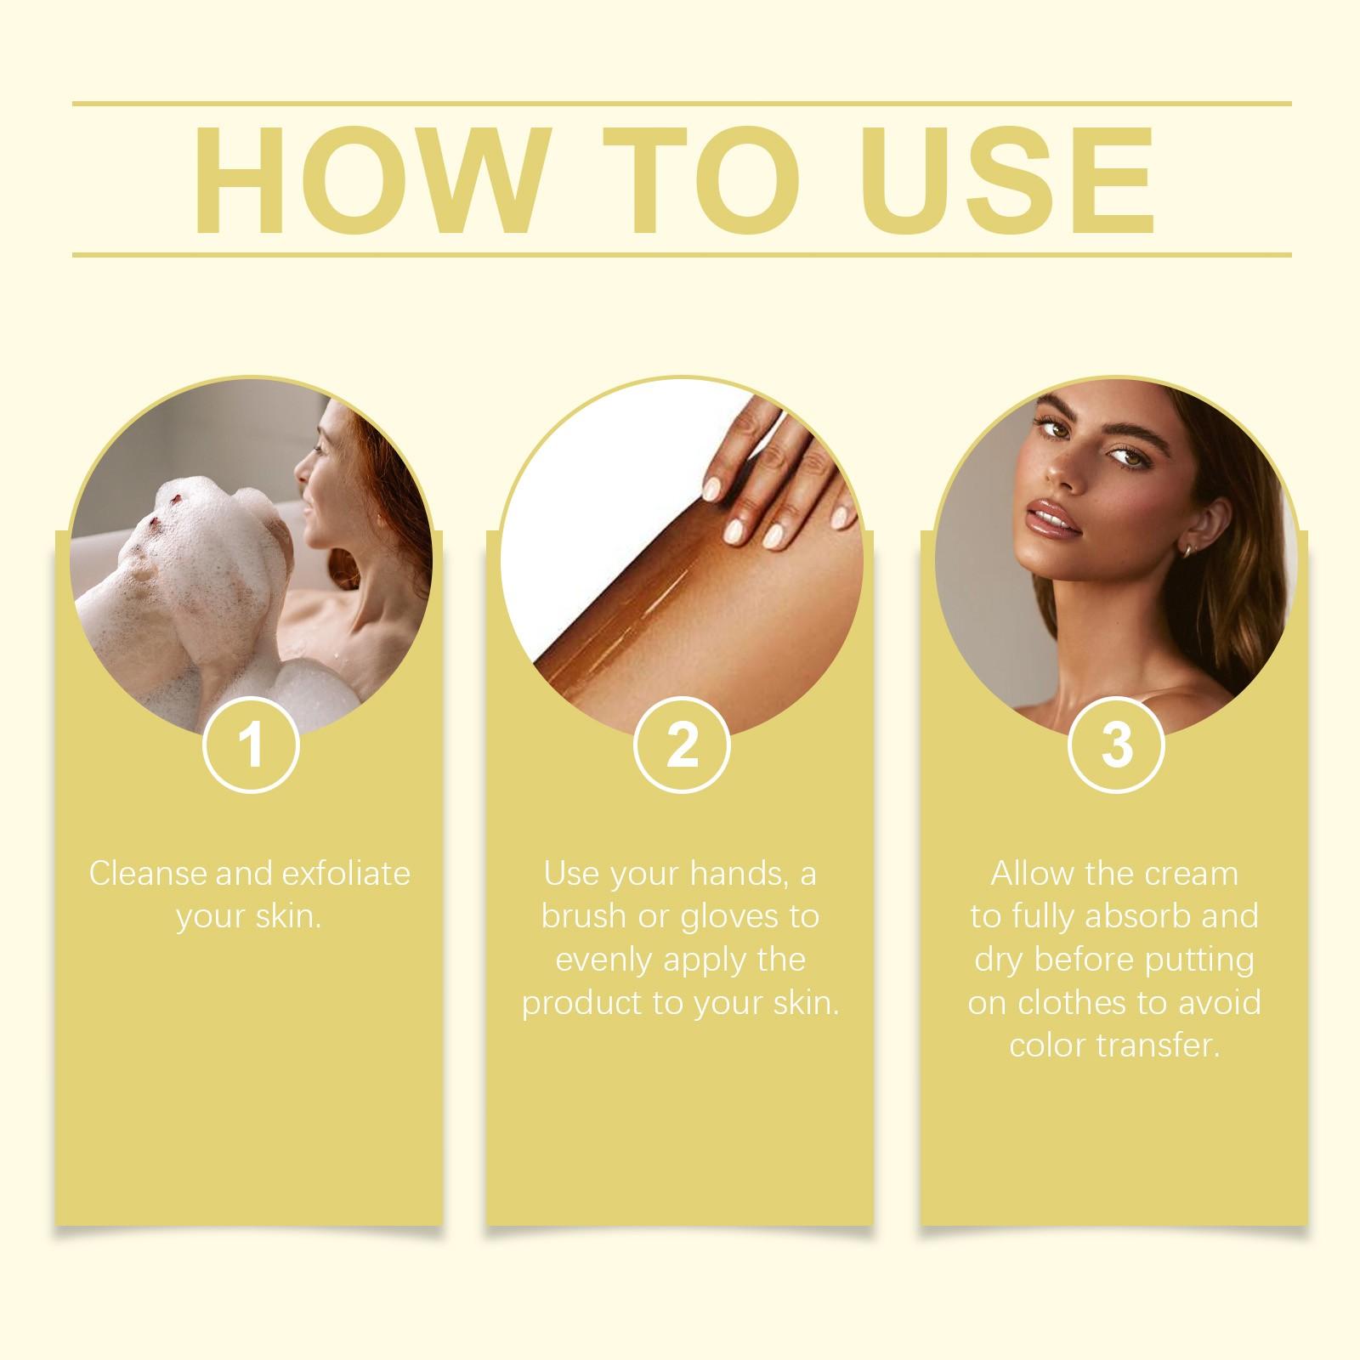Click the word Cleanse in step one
pos(148,874)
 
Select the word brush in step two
pos(584,917)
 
